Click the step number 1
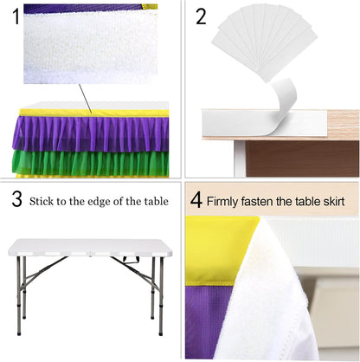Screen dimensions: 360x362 coord(16,16)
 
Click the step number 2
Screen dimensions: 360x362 coord(201,16)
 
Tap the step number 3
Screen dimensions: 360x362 coord(17,199)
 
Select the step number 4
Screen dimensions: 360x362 coord(196,200)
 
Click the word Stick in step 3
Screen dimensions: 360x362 coord(42,201)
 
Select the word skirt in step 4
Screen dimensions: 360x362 coord(334,201)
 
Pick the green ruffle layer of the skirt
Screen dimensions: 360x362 coord(90,162)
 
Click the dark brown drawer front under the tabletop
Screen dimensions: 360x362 coord(302,158)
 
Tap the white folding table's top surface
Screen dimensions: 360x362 coord(90,247)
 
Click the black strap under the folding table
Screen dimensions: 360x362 coord(132,259)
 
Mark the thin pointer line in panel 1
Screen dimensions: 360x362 coord(85,99)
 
